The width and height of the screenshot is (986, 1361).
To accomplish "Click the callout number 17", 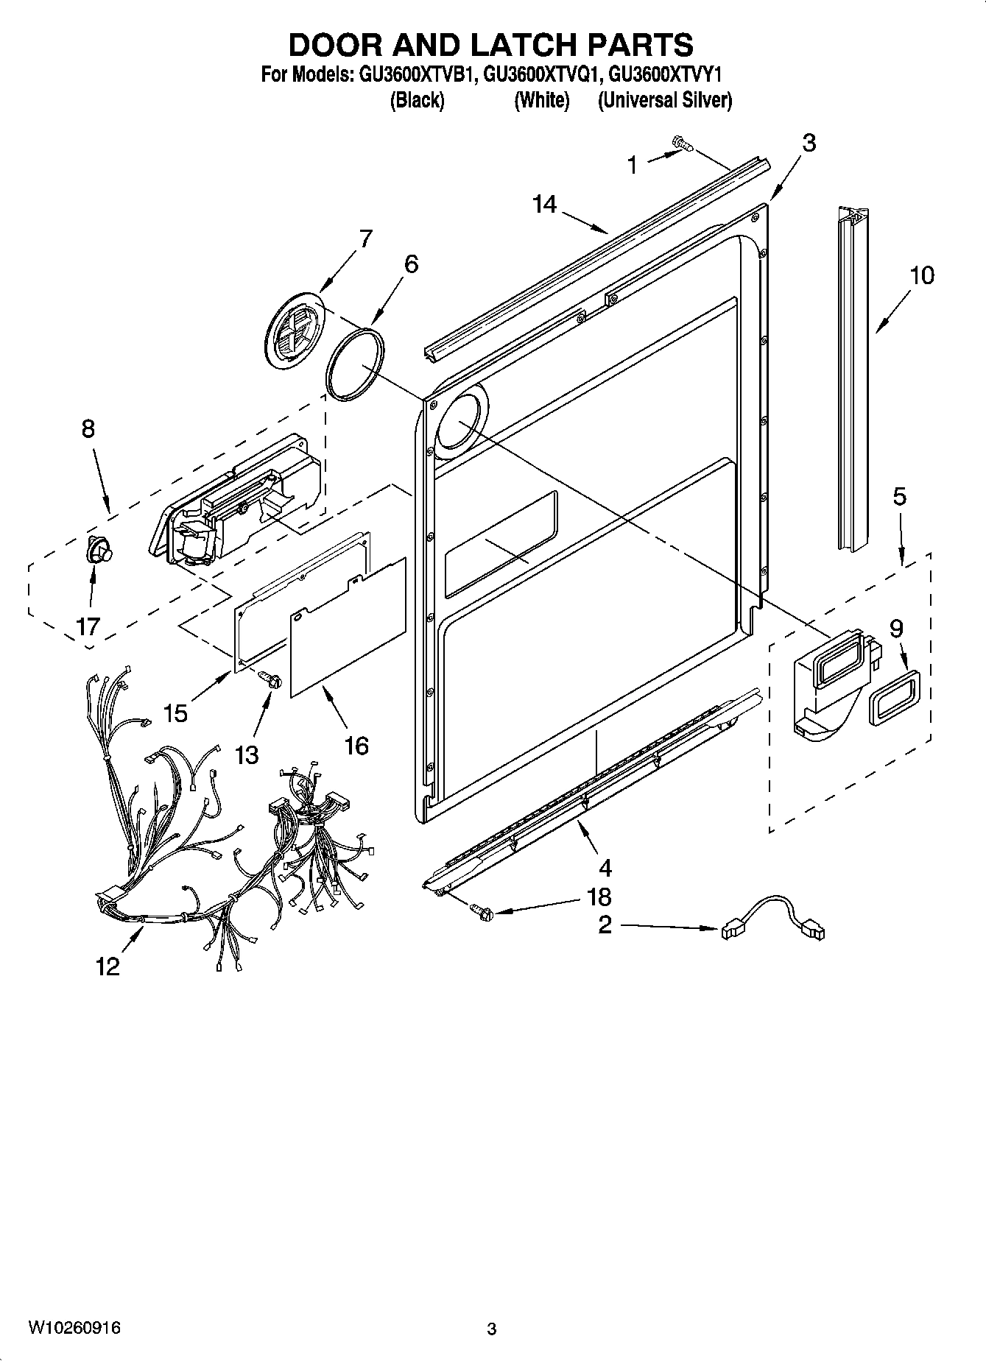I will [88, 626].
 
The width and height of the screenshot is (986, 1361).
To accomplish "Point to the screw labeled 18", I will [482, 912].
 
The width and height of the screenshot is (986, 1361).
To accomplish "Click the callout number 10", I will [921, 275].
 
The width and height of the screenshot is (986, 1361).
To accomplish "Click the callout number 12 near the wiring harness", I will [108, 966].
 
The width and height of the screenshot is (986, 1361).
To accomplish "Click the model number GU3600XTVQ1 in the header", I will [543, 75].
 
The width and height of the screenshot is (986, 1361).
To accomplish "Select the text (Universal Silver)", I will [664, 100].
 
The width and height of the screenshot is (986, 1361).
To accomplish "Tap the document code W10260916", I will [74, 1328].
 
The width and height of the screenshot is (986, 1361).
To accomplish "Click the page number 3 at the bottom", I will [492, 1329].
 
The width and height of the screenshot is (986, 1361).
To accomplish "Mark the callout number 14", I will [545, 204].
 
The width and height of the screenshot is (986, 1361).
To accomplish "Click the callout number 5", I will [899, 497].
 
